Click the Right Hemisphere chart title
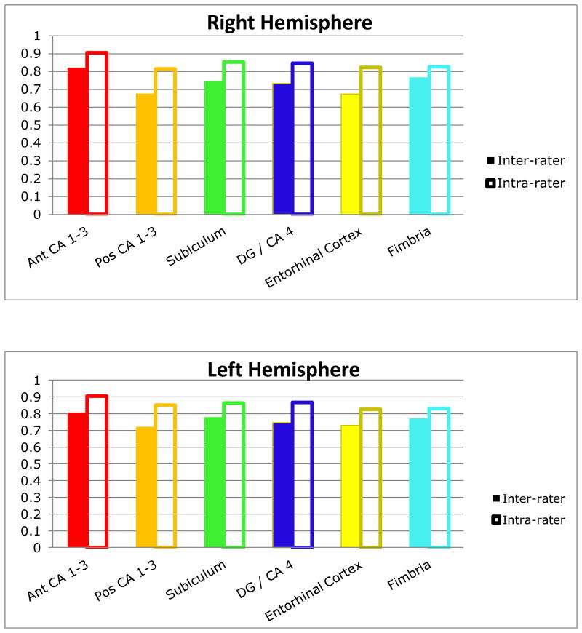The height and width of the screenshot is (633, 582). pos(290,23)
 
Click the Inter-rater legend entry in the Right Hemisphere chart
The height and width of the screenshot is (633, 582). pos(523,161)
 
